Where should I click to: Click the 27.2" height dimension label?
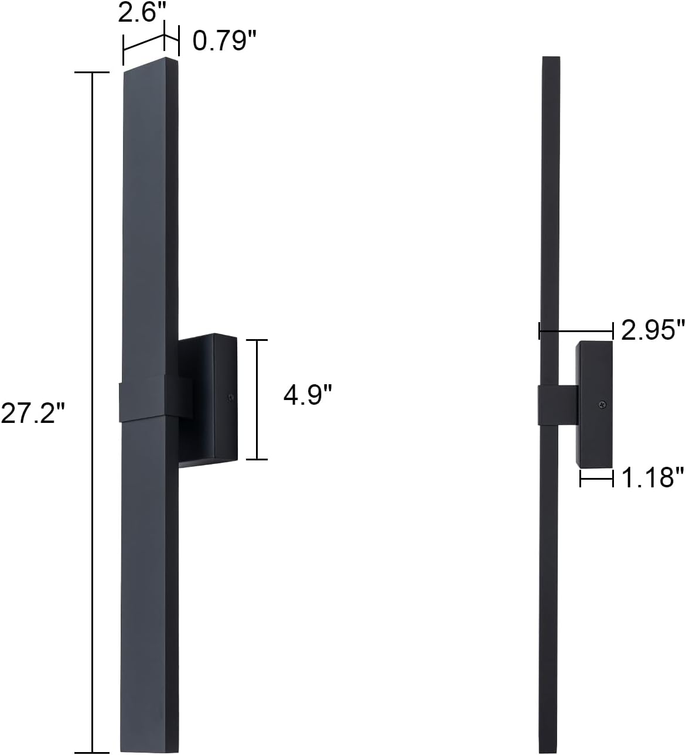[32, 414]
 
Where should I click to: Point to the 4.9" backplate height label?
[308, 395]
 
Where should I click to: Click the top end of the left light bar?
[151, 65]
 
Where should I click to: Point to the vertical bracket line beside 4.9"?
[257, 399]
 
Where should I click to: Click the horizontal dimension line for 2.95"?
[576, 330]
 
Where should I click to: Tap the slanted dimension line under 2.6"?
[144, 43]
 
